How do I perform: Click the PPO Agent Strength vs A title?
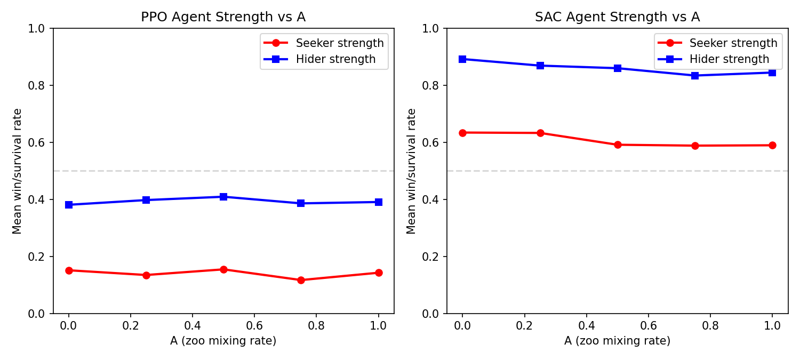pos(223,17)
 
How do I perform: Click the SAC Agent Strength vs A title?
pos(617,17)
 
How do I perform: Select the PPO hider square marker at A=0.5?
pos(223,197)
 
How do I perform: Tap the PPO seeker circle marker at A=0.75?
pos(301,280)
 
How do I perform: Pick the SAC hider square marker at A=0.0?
pos(462,59)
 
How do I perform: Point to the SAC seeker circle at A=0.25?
pos(540,133)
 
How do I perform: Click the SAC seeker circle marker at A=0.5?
pos(618,145)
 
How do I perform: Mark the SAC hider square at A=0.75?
pos(695,76)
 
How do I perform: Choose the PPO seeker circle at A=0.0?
pos(69,270)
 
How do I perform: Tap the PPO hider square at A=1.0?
pos(379,202)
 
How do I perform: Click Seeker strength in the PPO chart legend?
pos(340,43)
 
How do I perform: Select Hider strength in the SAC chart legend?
pos(729,59)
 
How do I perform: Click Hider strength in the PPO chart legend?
pos(335,59)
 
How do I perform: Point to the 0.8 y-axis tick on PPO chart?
pos(39,85)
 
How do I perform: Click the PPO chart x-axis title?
pos(223,341)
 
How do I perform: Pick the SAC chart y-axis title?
pos(411,171)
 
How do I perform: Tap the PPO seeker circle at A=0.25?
pos(146,275)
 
